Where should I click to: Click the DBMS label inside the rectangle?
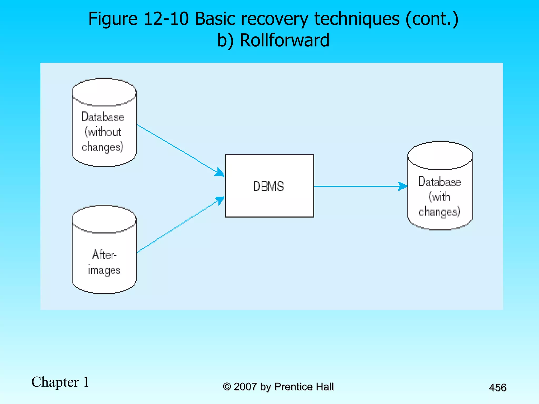268,186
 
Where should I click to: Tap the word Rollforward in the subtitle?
285,40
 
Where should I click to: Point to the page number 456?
497,388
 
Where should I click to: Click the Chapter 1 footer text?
60,382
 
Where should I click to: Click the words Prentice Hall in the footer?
304,387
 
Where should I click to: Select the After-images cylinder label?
104,262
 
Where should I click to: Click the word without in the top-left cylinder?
103,132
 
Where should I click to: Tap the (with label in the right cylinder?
439,196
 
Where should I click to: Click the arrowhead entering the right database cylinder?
403,186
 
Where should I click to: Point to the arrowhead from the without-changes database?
219,172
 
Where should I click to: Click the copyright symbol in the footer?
227,387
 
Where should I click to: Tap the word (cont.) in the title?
432,19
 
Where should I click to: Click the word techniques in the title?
357,19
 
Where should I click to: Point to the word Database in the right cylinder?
440,181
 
